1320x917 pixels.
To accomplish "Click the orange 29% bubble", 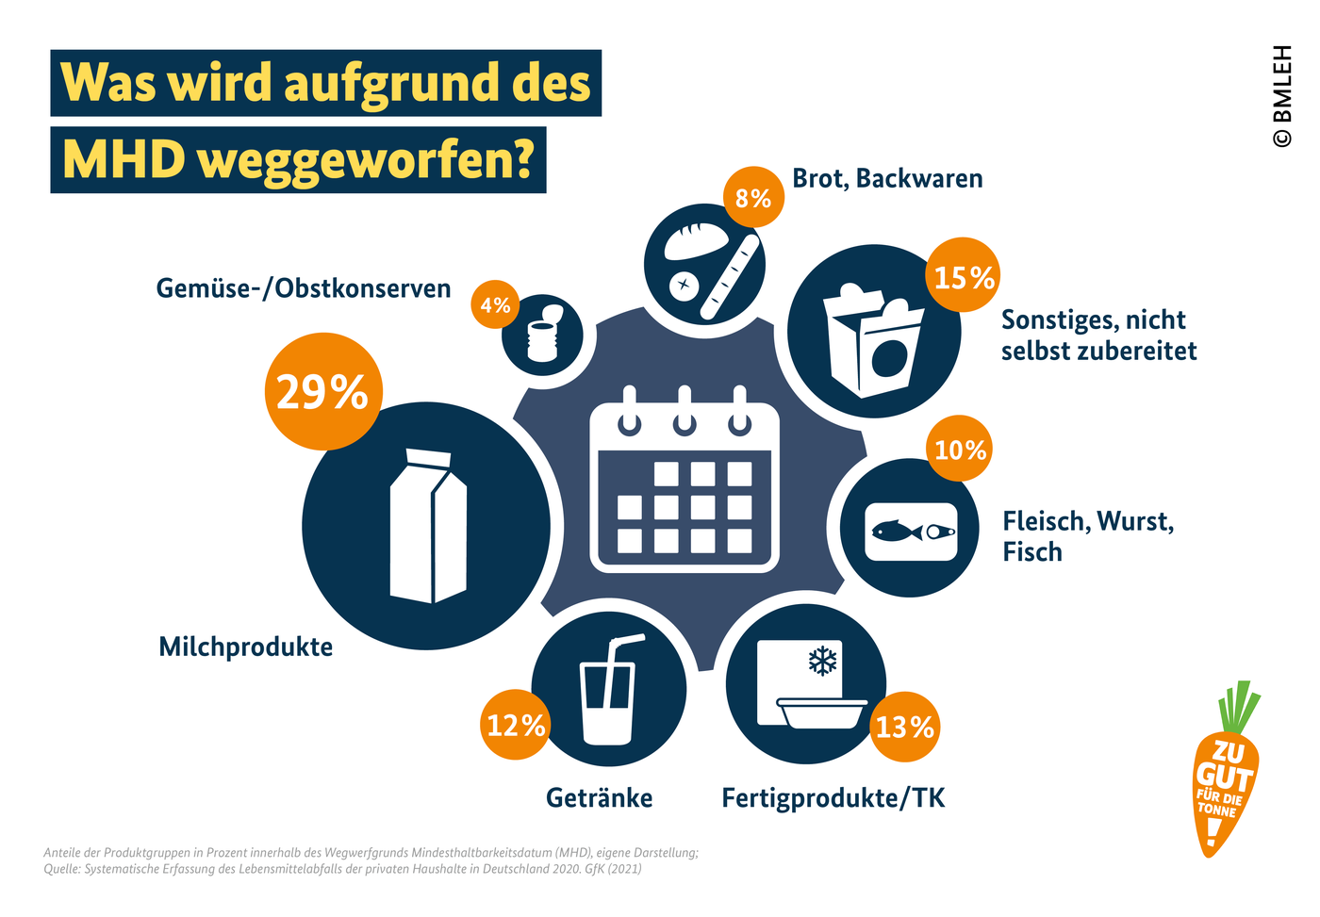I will click(322, 391).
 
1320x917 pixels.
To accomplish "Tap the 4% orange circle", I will click(495, 304).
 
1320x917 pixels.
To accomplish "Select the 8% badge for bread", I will click(753, 198).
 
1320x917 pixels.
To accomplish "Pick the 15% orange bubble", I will click(964, 276).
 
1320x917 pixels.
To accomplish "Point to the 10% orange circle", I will click(960, 449).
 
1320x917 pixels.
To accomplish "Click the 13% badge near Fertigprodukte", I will click(904, 727).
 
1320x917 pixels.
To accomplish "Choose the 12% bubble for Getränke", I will click(516, 725).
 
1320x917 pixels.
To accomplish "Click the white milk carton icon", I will click(428, 526).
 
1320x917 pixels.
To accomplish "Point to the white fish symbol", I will click(896, 532).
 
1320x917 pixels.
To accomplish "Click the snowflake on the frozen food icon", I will click(823, 661).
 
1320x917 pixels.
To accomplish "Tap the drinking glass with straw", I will click(609, 693).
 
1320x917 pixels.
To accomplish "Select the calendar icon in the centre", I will click(685, 481).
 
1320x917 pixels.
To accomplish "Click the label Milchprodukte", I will click(245, 647).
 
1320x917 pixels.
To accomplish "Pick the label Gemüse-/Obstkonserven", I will click(304, 287).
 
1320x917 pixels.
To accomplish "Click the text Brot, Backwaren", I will click(887, 178).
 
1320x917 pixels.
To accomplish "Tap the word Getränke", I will click(599, 798).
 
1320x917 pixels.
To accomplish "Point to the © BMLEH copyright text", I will click(1282, 96).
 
